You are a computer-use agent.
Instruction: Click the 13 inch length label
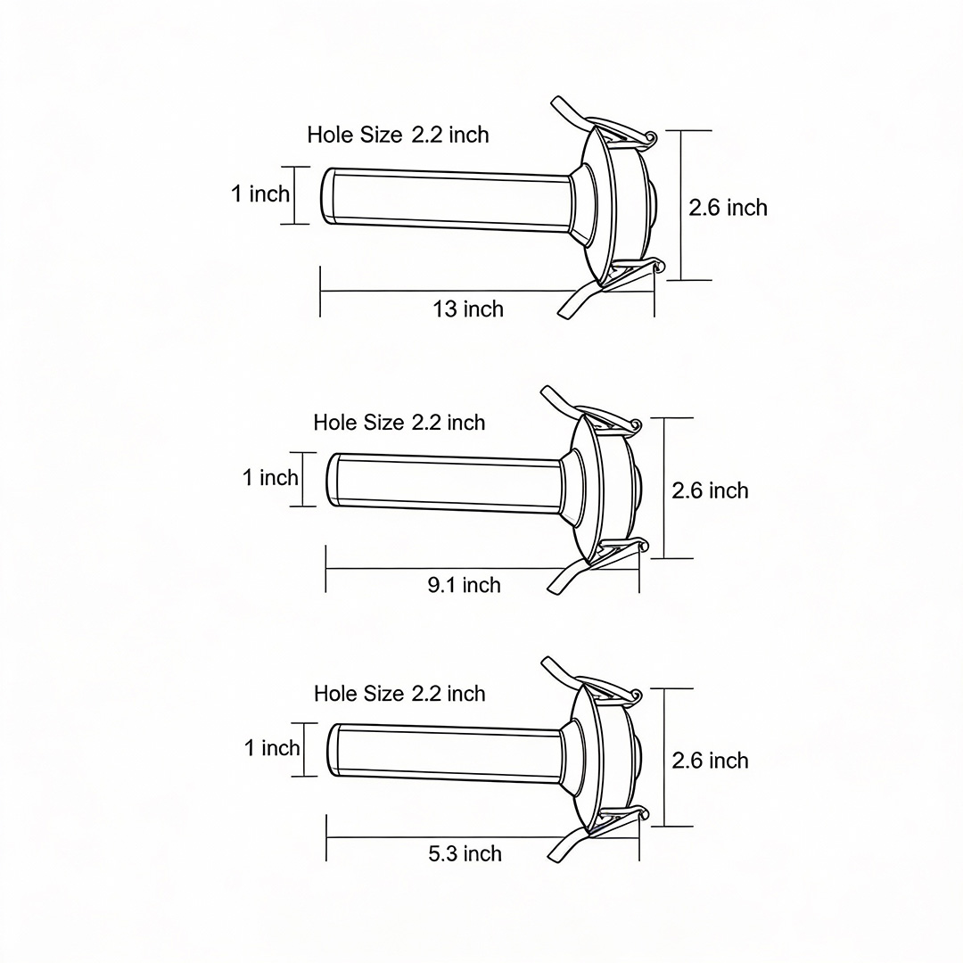pos(468,309)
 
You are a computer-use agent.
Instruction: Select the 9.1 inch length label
pos(464,585)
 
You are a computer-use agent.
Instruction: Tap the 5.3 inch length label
pos(465,853)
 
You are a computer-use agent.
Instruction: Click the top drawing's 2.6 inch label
pos(728,208)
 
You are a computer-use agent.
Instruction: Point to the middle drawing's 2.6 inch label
pos(710,490)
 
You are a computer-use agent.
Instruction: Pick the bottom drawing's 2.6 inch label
pos(710,760)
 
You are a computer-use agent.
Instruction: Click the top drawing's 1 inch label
pos(260,193)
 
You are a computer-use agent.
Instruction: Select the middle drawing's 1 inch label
pos(270,478)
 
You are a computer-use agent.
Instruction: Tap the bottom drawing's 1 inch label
pos(272,747)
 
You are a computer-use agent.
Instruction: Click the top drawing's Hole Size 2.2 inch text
pos(398,135)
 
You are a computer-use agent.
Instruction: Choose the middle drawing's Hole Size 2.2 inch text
pos(399,422)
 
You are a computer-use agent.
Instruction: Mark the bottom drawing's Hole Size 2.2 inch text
pos(399,693)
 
